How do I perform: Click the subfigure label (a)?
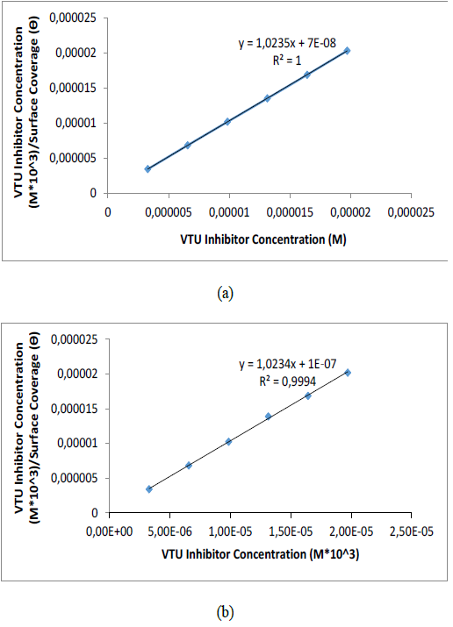point(226,295)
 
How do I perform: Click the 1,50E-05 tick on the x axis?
point(291,532)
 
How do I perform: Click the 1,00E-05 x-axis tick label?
point(230,532)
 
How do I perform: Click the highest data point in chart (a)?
point(348,51)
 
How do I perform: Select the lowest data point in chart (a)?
point(147,168)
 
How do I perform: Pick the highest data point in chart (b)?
point(348,373)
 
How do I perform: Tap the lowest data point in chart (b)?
point(149,488)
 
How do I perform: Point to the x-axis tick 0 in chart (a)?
point(108,211)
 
